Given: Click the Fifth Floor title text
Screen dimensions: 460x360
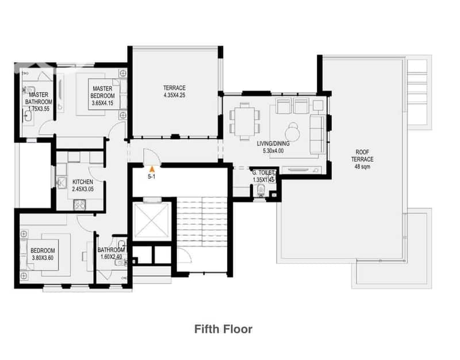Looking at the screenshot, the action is (x=223, y=329).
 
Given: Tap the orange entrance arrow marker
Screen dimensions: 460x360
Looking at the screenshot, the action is (x=152, y=169).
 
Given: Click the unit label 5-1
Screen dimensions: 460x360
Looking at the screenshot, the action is (x=151, y=177).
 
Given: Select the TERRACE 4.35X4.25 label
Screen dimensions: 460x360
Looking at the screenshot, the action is (x=175, y=91).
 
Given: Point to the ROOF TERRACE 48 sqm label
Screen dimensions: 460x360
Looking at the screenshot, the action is (x=362, y=159).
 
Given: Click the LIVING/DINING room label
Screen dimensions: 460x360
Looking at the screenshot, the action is (x=273, y=147).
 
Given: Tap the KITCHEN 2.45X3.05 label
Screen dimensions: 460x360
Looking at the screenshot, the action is (x=83, y=185).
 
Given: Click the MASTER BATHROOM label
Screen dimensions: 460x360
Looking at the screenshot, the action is (x=39, y=102).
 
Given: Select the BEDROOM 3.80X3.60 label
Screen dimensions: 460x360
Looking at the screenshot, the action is (x=43, y=254).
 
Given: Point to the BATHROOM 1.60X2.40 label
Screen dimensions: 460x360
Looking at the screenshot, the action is (x=111, y=253).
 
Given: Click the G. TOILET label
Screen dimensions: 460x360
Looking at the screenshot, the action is (x=263, y=176).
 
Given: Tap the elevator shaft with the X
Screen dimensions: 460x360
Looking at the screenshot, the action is (x=151, y=220).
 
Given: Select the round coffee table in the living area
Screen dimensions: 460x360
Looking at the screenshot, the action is (x=293, y=132).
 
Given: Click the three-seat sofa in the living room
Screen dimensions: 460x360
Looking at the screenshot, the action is (x=317, y=134).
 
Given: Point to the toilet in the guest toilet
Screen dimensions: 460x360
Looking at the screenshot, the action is (x=260, y=191).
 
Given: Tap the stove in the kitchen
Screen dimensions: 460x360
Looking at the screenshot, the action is (x=79, y=205).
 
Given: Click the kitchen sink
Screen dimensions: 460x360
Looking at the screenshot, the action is (x=62, y=182).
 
